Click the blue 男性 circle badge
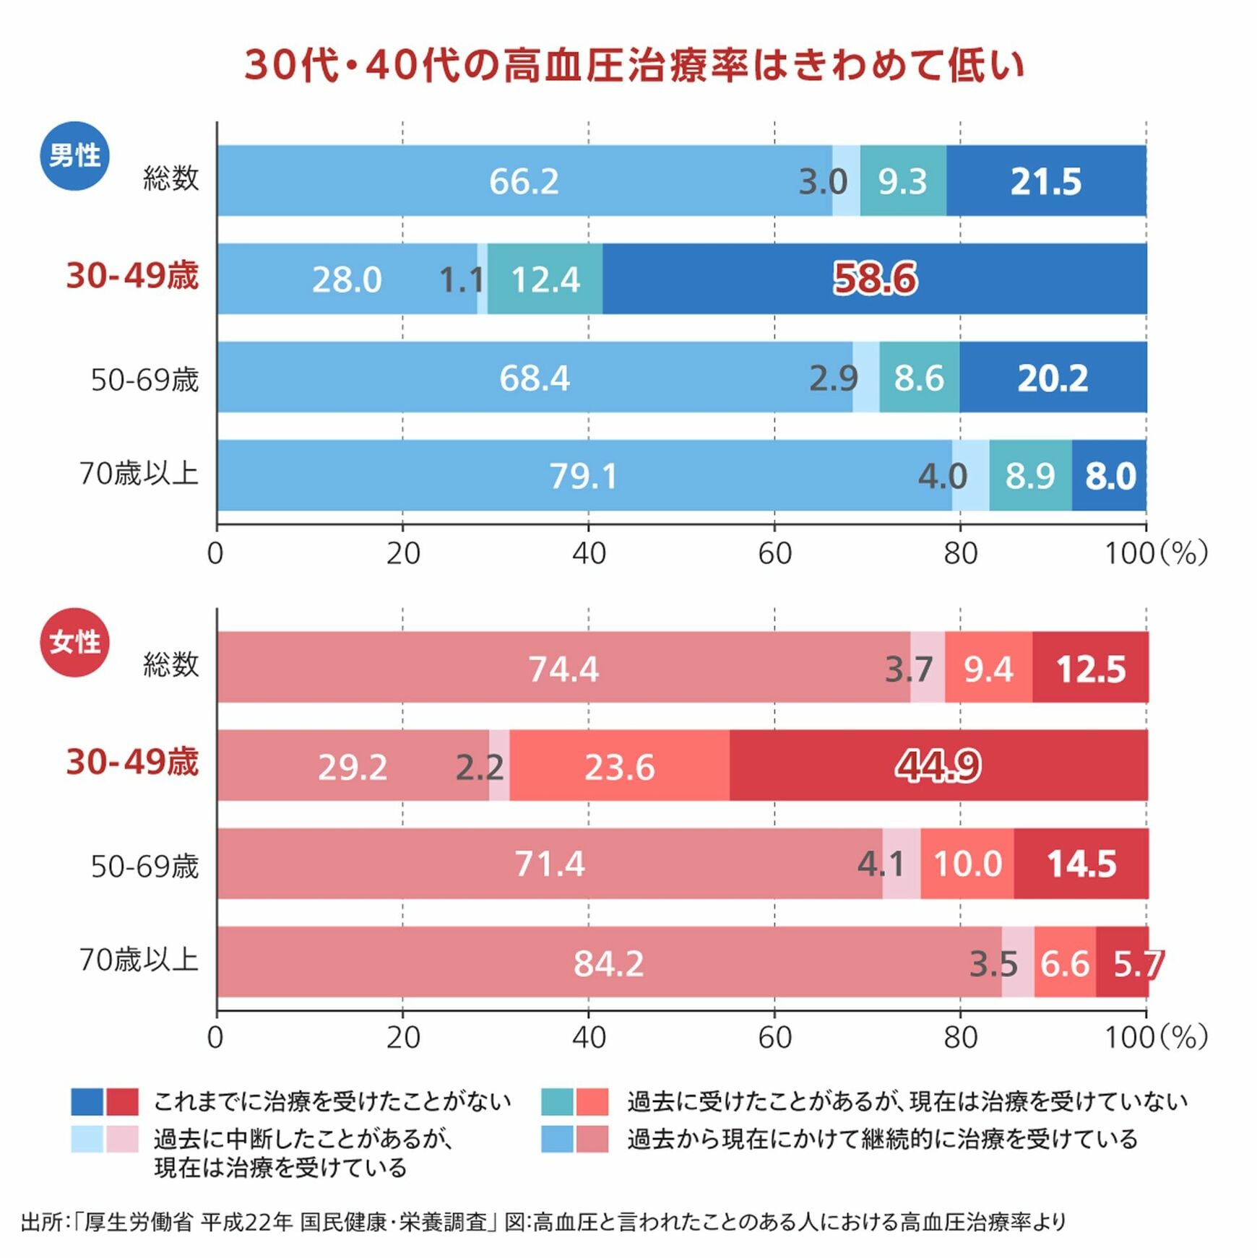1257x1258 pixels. [74, 156]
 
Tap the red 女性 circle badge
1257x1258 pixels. [74, 642]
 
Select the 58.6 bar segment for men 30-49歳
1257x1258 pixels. [874, 279]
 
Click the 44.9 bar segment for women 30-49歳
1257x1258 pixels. [938, 765]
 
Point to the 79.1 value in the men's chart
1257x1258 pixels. [583, 476]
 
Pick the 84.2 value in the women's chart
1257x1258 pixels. [608, 963]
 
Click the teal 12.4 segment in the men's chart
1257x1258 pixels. [545, 279]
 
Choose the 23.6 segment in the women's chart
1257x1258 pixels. [619, 766]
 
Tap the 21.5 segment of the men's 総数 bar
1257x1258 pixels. [1045, 181]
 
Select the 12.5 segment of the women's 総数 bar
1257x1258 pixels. [1090, 668]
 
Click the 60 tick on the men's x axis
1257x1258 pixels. [774, 554]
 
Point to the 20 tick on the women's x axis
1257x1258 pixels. [402, 1038]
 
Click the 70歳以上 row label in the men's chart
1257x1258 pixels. [139, 474]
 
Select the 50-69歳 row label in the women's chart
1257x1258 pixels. [144, 865]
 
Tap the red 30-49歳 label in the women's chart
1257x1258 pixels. [132, 762]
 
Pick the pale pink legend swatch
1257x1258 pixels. [122, 1139]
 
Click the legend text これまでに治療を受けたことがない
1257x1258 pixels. [332, 1101]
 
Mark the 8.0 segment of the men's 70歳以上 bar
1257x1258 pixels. [1110, 476]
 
